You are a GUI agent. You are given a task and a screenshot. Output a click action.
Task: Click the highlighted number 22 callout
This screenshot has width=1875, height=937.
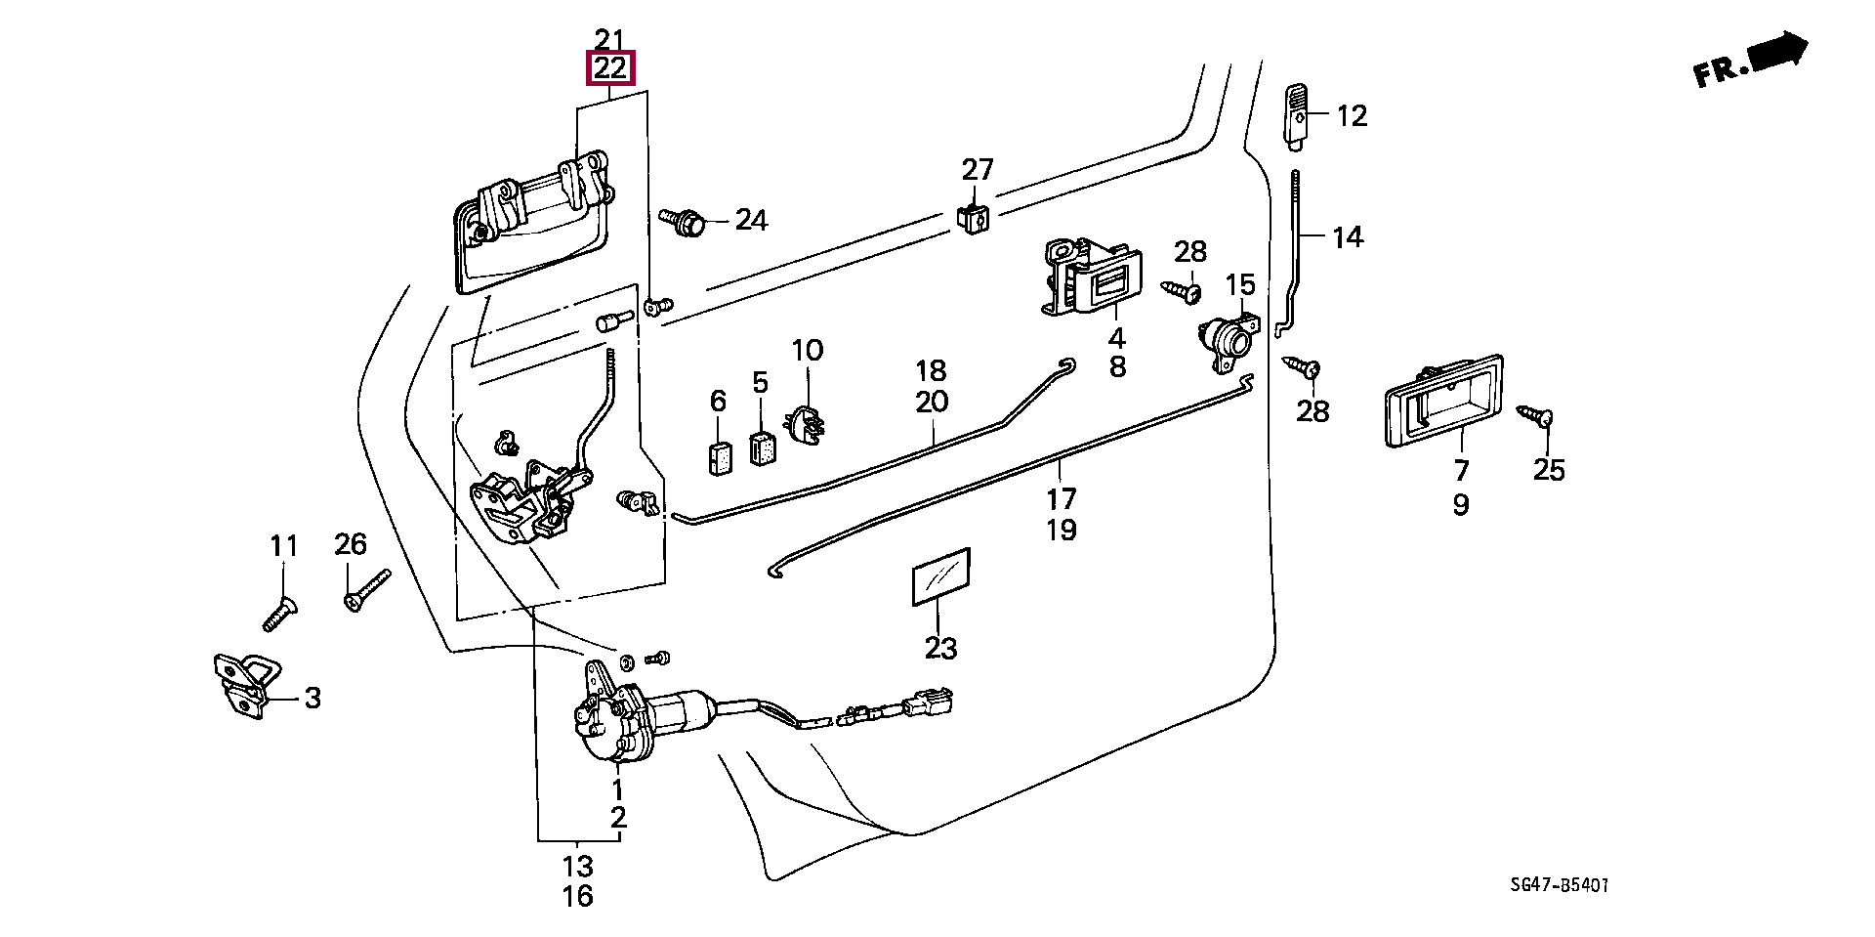pyautogui.click(x=610, y=68)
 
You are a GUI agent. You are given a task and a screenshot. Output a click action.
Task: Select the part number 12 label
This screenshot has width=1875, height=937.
pyautogui.click(x=1352, y=116)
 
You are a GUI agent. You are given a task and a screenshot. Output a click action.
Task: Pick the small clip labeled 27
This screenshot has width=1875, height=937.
pyautogui.click(x=972, y=219)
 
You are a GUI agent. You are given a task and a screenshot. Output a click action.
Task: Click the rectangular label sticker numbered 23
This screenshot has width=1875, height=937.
pyautogui.click(x=941, y=576)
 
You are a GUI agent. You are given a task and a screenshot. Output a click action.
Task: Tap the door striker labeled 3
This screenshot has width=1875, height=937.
pyautogui.click(x=245, y=685)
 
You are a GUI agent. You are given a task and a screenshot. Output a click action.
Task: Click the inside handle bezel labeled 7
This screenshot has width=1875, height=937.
pyautogui.click(x=1443, y=402)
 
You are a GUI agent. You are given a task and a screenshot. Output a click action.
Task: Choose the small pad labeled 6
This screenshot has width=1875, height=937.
pyautogui.click(x=719, y=456)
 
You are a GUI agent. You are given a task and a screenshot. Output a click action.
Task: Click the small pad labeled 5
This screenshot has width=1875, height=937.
pyautogui.click(x=763, y=448)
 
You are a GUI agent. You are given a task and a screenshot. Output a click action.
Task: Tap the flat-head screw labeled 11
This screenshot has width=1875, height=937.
pyautogui.click(x=279, y=613)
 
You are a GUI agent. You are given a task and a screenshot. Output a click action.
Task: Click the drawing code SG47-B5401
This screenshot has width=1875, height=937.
pyautogui.click(x=1559, y=885)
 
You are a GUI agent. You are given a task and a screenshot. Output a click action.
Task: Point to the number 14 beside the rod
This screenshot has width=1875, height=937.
pyautogui.click(x=1348, y=237)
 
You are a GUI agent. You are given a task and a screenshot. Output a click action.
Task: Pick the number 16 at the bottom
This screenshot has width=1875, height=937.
pyautogui.click(x=577, y=896)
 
